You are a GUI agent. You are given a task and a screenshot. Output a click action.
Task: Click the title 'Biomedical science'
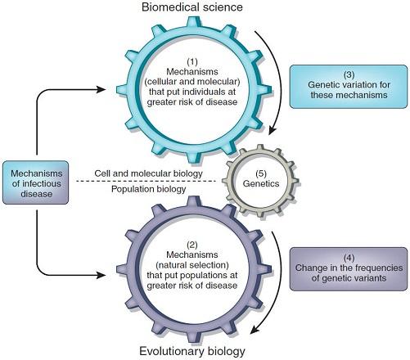tap(192, 7)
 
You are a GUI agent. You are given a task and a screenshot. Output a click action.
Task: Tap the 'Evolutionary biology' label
tap(192, 351)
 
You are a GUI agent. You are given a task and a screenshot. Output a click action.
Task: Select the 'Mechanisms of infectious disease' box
tap(35, 182)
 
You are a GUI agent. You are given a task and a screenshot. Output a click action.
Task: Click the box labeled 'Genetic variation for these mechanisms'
tap(349, 87)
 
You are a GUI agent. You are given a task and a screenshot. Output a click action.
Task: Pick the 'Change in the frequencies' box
tap(349, 269)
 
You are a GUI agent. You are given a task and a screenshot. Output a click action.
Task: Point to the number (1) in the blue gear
tap(192, 61)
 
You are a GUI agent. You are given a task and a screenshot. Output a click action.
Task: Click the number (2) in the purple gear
tap(192, 245)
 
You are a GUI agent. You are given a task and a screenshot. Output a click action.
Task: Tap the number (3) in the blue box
tap(349, 74)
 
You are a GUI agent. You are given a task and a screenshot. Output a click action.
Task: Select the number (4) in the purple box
tap(349, 258)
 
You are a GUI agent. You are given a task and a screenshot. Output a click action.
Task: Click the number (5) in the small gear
tap(261, 173)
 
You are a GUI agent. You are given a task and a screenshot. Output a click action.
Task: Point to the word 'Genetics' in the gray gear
tap(261, 183)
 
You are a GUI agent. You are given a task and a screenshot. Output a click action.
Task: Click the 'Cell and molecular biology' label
tap(148, 173)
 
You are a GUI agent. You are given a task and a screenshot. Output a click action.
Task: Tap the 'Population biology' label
tap(148, 189)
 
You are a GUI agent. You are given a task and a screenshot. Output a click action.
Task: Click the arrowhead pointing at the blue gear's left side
tap(101, 89)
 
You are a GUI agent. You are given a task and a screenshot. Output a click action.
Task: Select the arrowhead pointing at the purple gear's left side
tap(101, 275)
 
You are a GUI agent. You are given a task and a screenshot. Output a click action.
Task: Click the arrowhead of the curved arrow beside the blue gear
tap(273, 129)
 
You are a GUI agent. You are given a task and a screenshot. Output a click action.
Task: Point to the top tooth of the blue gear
tap(193, 22)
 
